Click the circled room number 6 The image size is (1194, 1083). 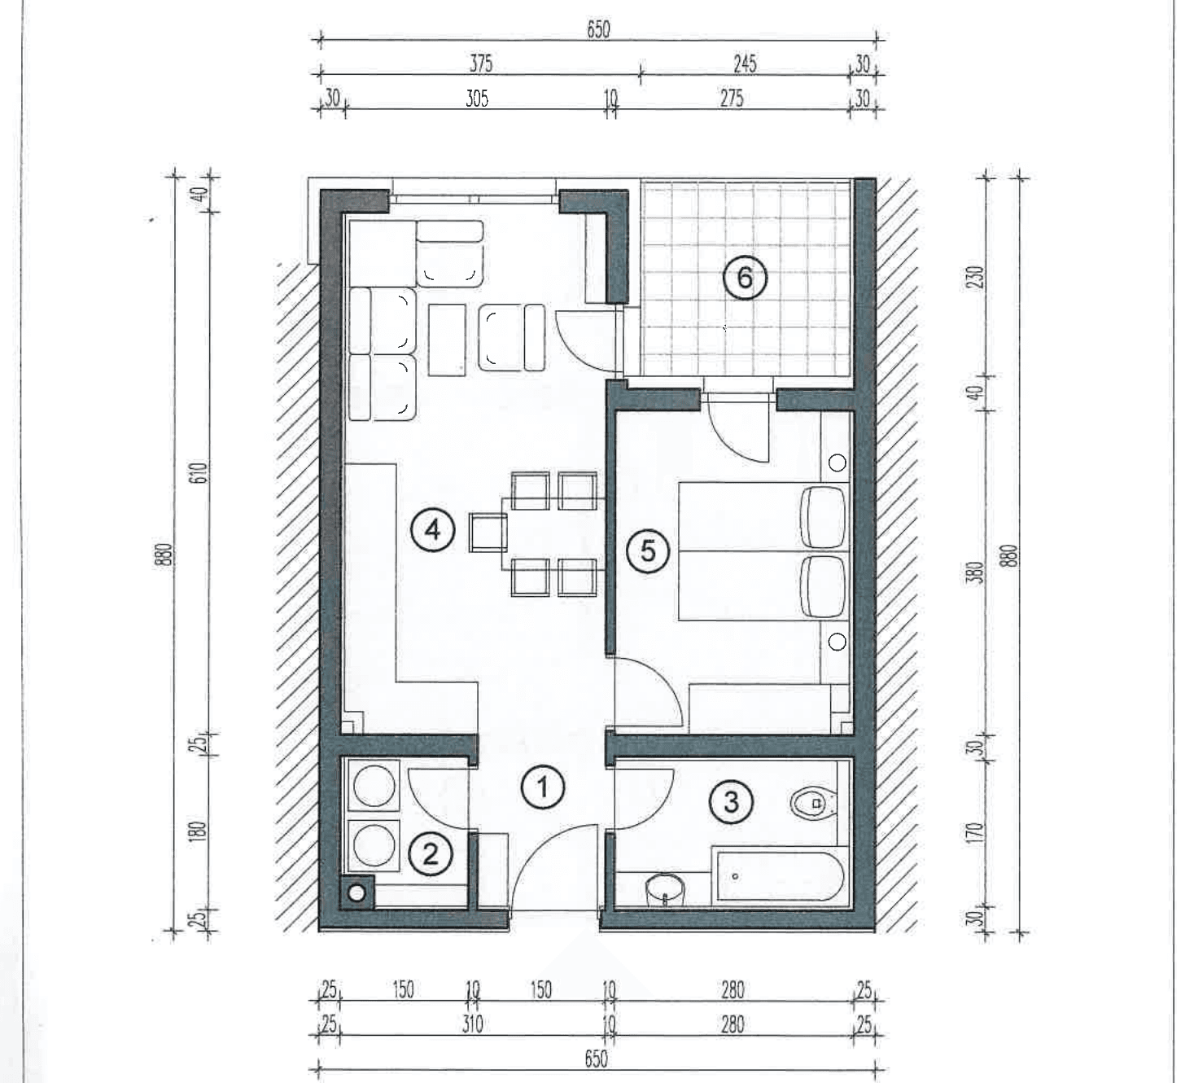click(x=745, y=278)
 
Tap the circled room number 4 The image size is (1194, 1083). click(x=433, y=529)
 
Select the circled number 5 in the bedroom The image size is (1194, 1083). click(x=648, y=550)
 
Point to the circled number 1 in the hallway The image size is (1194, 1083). click(x=543, y=789)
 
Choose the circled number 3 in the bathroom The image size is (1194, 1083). click(x=731, y=802)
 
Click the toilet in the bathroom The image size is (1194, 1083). click(x=814, y=804)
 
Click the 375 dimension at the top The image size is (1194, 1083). click(x=481, y=64)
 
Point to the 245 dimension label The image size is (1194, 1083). click(x=745, y=64)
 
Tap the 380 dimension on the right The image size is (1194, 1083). click(x=977, y=572)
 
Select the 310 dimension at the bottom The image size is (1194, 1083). click(x=472, y=1024)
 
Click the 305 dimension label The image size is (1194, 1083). click(x=477, y=99)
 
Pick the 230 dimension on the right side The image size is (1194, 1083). click(x=977, y=277)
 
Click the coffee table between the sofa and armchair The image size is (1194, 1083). click(x=446, y=340)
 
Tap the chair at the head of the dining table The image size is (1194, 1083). click(x=488, y=533)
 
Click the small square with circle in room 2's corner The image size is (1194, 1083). click(x=356, y=892)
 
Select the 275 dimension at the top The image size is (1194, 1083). click(x=732, y=99)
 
